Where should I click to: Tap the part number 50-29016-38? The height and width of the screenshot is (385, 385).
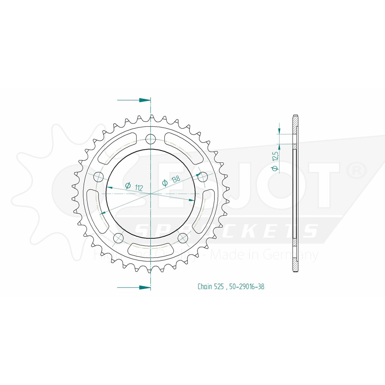point(246,286)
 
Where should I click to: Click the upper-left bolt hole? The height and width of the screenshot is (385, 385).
point(99,177)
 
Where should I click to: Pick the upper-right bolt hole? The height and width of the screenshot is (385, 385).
point(203,177)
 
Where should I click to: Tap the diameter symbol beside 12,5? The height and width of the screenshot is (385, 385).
point(274,168)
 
